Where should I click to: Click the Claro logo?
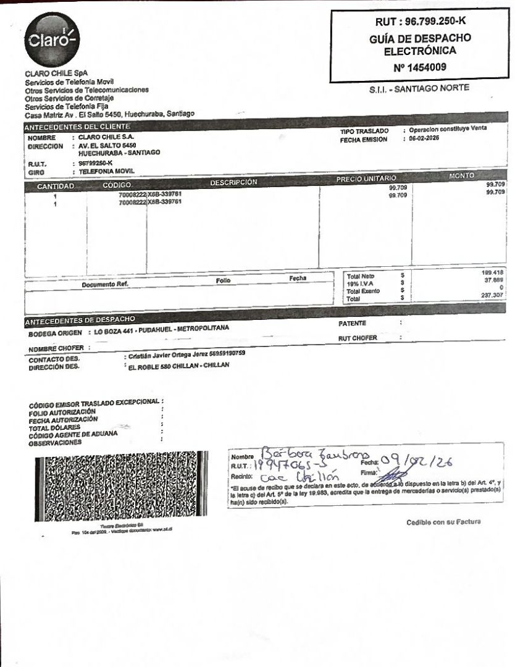[x=52, y=40]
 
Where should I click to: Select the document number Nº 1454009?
[x=420, y=67]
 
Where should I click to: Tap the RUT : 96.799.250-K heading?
[x=420, y=22]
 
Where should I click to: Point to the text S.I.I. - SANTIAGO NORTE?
[x=419, y=88]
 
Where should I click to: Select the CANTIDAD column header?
[x=55, y=186]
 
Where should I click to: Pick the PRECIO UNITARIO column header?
[x=365, y=179]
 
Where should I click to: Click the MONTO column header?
[x=461, y=176]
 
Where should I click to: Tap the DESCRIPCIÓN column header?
[x=233, y=182]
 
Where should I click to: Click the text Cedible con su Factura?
[x=443, y=522]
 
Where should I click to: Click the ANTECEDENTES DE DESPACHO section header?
[x=80, y=321]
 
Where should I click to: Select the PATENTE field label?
[x=353, y=324]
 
